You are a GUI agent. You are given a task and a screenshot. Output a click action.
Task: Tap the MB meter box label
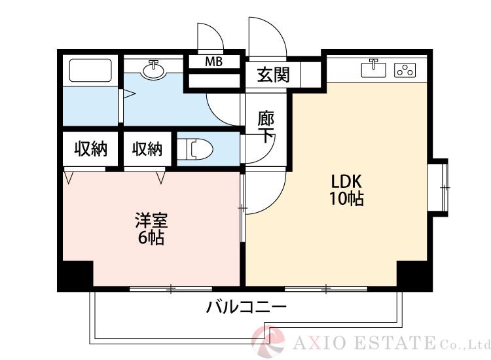point(213,62)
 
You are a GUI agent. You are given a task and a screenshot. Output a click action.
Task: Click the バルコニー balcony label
point(247,306)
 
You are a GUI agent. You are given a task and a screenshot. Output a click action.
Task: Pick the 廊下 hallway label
point(265,128)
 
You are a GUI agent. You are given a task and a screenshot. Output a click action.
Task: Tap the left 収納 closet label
point(90,150)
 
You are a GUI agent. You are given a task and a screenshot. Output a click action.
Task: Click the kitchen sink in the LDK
point(374,68)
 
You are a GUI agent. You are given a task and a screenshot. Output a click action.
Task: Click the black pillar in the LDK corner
point(414,275)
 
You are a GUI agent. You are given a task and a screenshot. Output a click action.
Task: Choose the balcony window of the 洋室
point(170,288)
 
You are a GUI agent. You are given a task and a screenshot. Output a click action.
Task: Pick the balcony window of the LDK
point(325,288)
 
